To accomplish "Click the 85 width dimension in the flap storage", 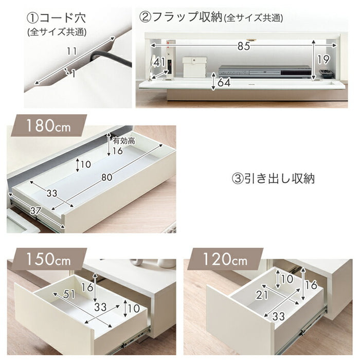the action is (244, 46).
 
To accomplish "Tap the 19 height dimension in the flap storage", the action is (323, 60).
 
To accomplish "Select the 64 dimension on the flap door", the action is (224, 82).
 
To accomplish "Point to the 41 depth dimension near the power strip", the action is (159, 62).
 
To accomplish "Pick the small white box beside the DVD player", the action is (194, 67).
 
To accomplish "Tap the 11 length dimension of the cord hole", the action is (71, 51).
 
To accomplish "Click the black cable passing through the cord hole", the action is (110, 58).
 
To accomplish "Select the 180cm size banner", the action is (48, 125).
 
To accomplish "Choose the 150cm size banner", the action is (48, 259).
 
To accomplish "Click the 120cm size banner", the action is (225, 259).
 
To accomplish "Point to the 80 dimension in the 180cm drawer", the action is (107, 177).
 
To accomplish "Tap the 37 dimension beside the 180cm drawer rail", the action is (35, 210).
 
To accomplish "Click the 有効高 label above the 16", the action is (124, 140).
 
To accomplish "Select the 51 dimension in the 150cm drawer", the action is (69, 294).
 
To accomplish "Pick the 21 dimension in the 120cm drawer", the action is (262, 295).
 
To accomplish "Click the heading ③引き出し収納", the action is (274, 178).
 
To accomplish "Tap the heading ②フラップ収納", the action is (181, 17).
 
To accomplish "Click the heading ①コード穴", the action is (57, 17).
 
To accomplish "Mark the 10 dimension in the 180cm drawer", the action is (86, 165).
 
